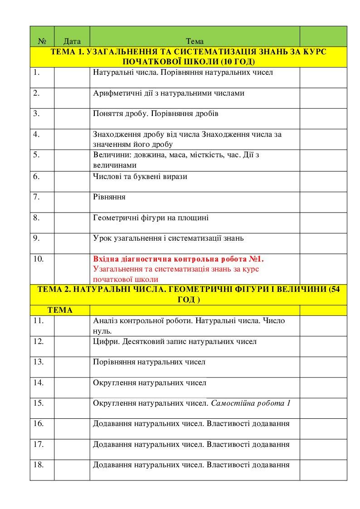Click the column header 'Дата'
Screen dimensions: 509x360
point(73,42)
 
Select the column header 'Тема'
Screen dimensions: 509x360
point(195,42)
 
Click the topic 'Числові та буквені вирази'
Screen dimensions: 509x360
point(140,176)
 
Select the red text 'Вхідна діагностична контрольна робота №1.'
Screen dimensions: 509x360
point(178,259)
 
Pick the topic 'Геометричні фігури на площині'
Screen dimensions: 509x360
point(151,218)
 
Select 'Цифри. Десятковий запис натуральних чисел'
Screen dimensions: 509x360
point(175,341)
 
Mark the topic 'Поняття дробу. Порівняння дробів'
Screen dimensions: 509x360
point(156,113)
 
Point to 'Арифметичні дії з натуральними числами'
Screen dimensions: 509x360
point(169,93)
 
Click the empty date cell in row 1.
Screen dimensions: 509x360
point(72,77)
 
